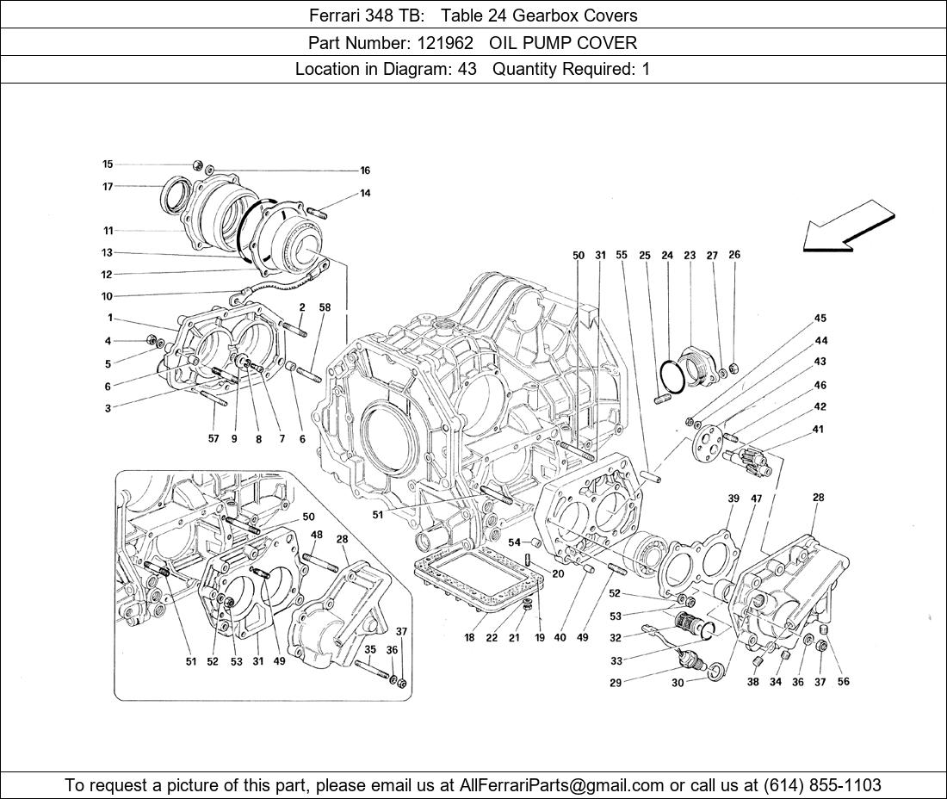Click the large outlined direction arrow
tap(848, 226)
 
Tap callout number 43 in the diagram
tap(820, 362)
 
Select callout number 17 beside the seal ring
tap(108, 186)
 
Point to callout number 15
tap(108, 164)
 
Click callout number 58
tap(325, 307)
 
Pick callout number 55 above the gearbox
tap(622, 255)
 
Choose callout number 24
tap(667, 255)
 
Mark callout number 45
tap(820, 319)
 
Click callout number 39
tap(733, 499)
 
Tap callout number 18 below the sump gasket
tap(469, 638)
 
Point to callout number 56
tap(843, 682)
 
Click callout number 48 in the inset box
tap(317, 535)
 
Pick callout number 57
tap(214, 439)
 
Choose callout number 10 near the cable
tap(108, 296)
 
